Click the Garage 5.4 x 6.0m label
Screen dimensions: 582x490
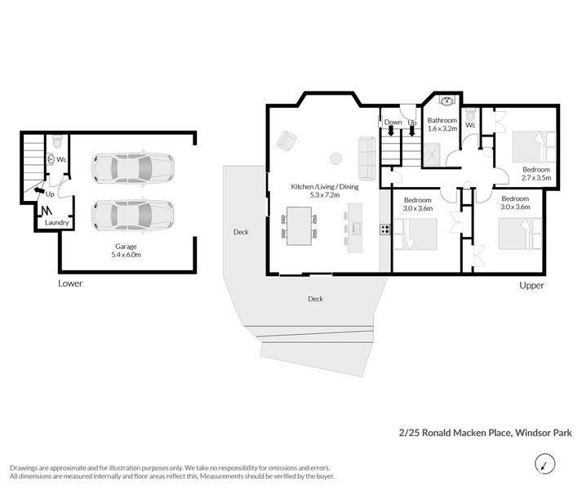click(126, 251)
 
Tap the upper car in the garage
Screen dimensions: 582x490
click(133, 167)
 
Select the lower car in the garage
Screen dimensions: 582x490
click(133, 216)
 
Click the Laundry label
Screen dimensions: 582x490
click(57, 222)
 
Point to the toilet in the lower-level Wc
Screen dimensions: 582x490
click(57, 140)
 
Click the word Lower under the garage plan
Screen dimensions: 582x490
click(70, 283)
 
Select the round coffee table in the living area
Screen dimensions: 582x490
click(336, 158)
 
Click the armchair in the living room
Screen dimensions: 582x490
click(287, 141)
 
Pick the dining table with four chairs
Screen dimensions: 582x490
click(300, 226)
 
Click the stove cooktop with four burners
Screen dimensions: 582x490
click(385, 229)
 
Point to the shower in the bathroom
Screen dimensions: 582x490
click(431, 154)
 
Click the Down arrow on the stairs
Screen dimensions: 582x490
click(390, 131)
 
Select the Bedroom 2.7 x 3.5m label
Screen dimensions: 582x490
click(536, 173)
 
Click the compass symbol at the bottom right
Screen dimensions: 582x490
click(544, 464)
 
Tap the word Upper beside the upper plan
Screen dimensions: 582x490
click(531, 285)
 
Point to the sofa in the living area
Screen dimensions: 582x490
click(367, 159)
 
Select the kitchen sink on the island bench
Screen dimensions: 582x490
click(357, 227)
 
